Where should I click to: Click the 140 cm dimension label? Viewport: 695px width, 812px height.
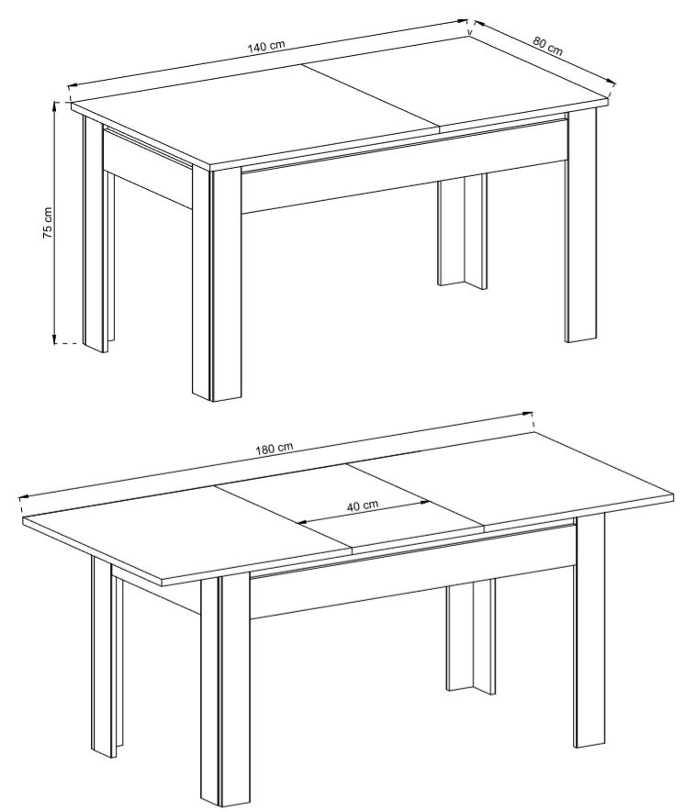pos(266,46)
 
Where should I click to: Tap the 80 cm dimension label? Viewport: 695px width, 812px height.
pos(548,46)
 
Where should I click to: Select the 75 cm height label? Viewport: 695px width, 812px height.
pos(47,223)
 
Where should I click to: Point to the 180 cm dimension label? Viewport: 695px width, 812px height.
pos(275,448)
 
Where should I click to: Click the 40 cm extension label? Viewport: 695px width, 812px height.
pos(363,505)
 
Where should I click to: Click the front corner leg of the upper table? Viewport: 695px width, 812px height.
pos(217,284)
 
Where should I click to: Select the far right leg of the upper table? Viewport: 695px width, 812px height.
pos(581,227)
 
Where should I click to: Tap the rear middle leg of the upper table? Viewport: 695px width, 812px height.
pos(463,231)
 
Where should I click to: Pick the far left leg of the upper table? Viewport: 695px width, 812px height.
pos(96,234)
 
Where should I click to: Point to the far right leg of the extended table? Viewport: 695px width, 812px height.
pos(589,629)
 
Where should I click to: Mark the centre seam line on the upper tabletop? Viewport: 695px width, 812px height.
pos(371,96)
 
